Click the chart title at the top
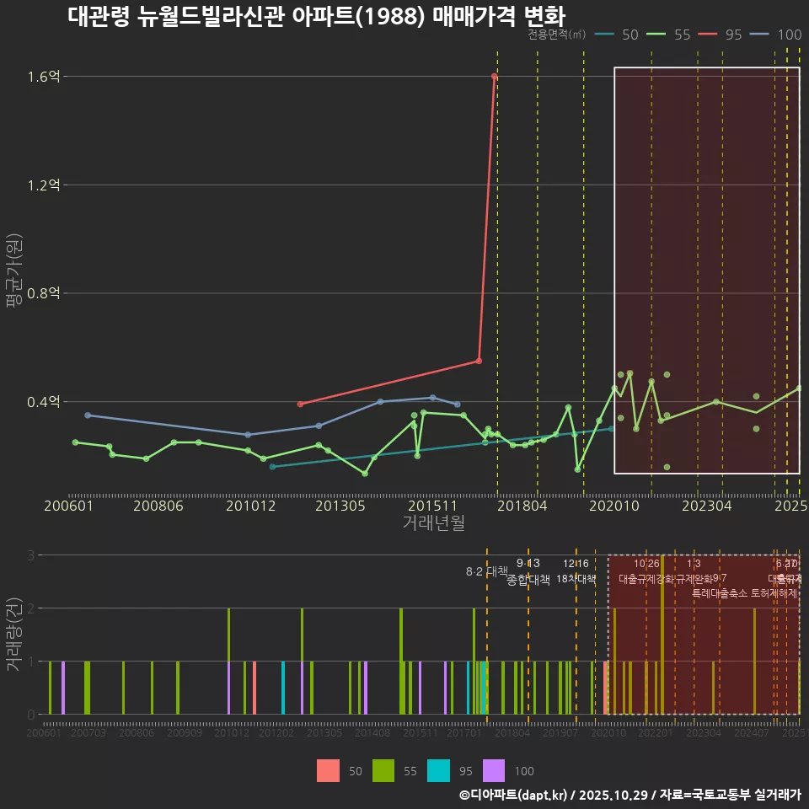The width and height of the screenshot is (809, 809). (316, 16)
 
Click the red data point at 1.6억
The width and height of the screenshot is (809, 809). (494, 77)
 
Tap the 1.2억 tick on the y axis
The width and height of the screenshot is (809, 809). (43, 185)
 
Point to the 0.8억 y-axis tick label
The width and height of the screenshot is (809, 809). (43, 293)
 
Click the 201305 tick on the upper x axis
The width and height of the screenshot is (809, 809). (339, 506)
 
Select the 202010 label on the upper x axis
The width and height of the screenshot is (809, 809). (613, 506)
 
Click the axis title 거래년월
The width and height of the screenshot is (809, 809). (433, 522)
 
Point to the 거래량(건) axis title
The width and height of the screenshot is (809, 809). (13, 634)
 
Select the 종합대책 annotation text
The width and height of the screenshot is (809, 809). (528, 579)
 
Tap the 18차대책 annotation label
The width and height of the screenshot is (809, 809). (576, 579)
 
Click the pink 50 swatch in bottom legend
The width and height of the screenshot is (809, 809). (329, 770)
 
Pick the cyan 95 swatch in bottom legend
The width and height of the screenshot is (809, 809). (439, 770)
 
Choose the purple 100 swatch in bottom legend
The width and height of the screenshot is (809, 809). (494, 770)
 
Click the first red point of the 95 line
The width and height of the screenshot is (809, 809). (300, 404)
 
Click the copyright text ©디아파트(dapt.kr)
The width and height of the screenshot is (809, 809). (514, 795)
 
